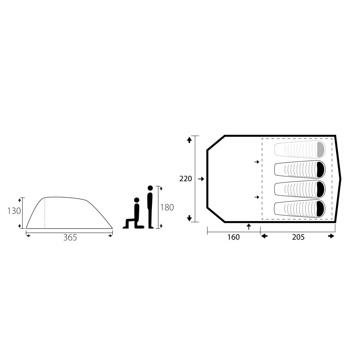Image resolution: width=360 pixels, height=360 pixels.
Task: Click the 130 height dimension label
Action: click(14, 211)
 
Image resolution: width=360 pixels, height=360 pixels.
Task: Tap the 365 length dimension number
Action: click(70, 237)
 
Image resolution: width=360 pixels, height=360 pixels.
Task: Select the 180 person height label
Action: click(167, 207)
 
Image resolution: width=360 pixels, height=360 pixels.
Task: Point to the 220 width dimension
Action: click(186, 178)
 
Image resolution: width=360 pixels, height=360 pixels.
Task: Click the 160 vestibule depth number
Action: click(233, 237)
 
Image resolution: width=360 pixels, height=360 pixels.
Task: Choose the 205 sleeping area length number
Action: click(298, 237)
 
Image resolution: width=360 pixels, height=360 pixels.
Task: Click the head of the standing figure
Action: click(150, 188)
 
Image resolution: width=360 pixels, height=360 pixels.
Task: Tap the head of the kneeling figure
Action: click(137, 200)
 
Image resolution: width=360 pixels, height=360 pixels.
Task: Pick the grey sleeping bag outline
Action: click(300, 150)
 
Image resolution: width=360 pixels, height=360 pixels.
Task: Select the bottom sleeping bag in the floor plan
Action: click(300, 209)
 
